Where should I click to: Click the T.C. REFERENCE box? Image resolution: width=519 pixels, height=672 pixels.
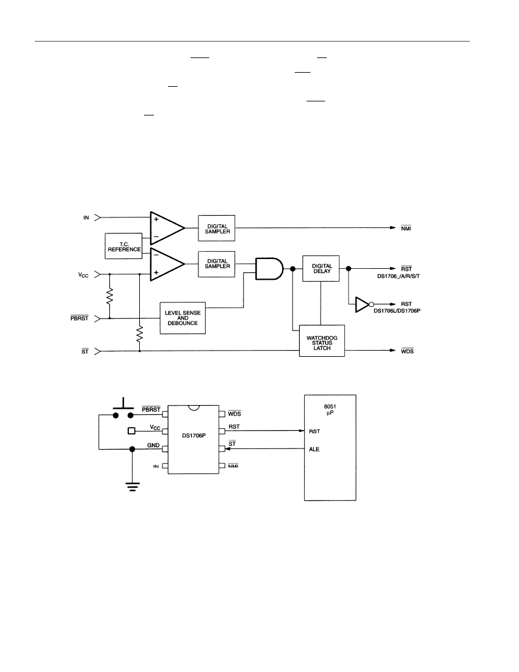pyautogui.click(x=124, y=246)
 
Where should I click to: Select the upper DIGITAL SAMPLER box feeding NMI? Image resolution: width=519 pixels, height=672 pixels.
pyautogui.click(x=217, y=228)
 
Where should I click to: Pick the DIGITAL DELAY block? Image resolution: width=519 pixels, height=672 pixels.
pyautogui.click(x=321, y=269)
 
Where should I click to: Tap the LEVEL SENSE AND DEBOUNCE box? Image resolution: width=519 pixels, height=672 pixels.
pyautogui.click(x=183, y=318)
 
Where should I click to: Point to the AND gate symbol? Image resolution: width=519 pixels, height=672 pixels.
pyautogui.click(x=269, y=269)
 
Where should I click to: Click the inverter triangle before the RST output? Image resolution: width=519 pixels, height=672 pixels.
pyautogui.click(x=362, y=304)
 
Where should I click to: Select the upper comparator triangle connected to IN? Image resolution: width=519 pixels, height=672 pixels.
pyautogui.click(x=167, y=228)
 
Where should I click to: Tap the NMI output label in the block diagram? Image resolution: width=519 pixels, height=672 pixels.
pyautogui.click(x=406, y=228)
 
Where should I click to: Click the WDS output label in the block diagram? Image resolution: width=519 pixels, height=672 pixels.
pyautogui.click(x=407, y=351)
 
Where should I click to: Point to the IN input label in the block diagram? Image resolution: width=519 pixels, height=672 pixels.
pyautogui.click(x=86, y=217)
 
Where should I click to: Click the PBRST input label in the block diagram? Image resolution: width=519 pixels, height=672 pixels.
pyautogui.click(x=79, y=318)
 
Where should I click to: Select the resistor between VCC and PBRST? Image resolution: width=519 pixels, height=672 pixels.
pyautogui.click(x=110, y=296)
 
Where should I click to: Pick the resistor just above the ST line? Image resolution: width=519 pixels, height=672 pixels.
pyautogui.click(x=140, y=334)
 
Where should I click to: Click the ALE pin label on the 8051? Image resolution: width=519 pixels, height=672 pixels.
pyautogui.click(x=314, y=449)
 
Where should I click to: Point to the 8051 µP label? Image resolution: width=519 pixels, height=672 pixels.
pyautogui.click(x=330, y=410)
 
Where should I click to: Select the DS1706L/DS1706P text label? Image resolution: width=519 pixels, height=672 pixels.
pyautogui.click(x=397, y=311)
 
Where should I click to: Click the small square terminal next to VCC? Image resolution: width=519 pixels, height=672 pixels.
pyautogui.click(x=132, y=431)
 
